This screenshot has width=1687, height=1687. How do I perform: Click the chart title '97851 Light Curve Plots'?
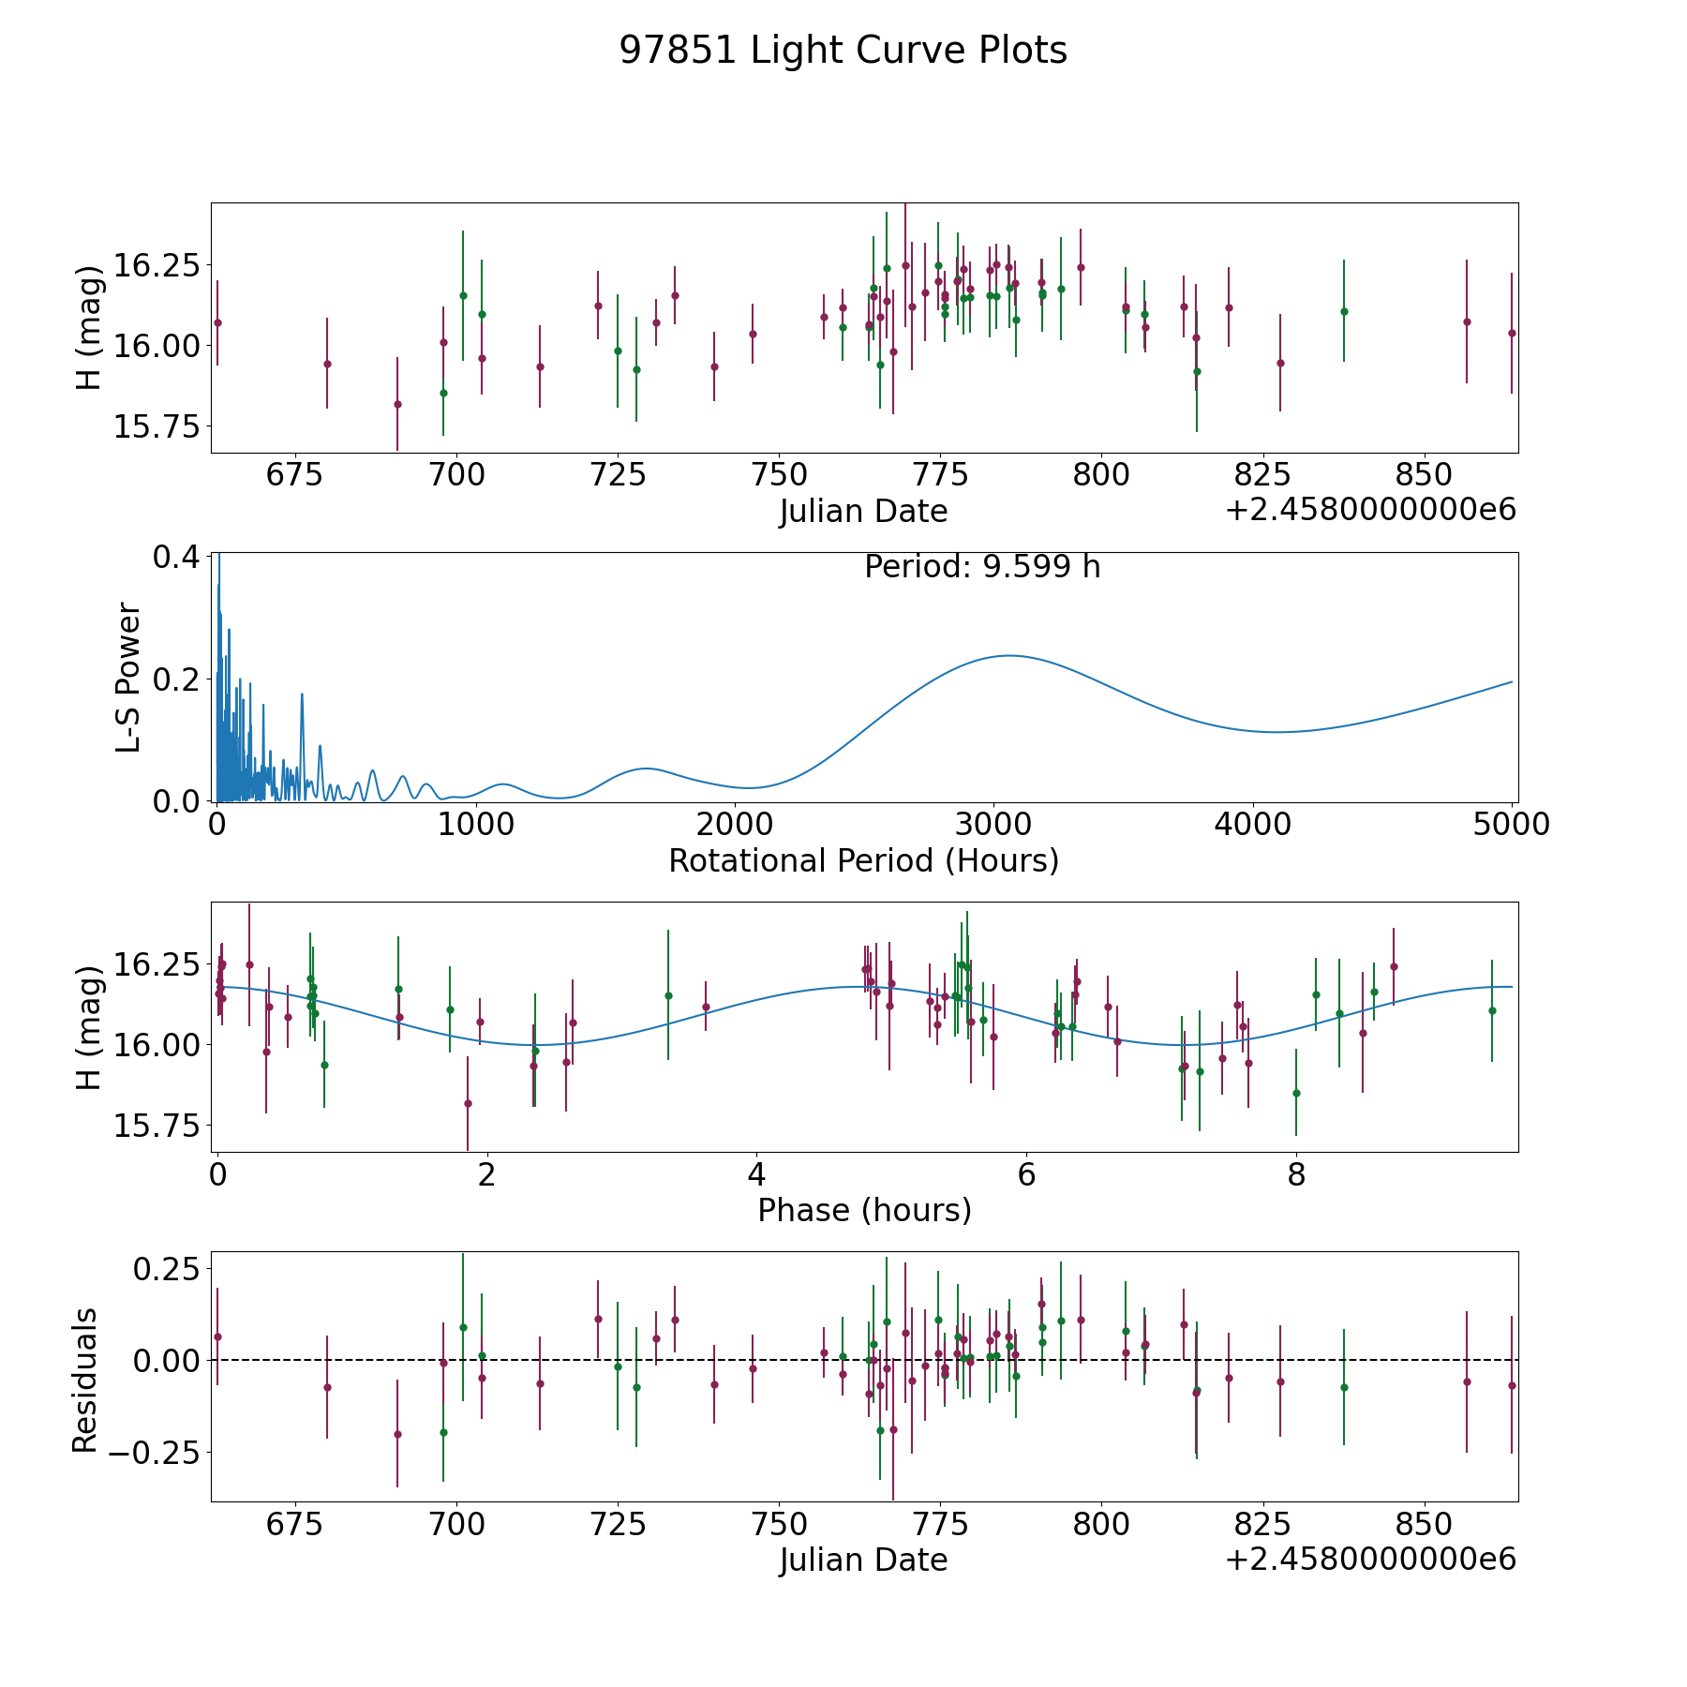click(x=843, y=51)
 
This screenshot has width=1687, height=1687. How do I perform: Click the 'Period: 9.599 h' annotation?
click(x=981, y=567)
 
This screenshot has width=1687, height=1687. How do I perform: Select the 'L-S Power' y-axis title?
click(x=128, y=677)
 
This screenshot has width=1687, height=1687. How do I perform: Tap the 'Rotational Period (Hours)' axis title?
click(x=863, y=860)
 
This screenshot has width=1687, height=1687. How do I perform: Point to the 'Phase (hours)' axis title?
click(x=863, y=1210)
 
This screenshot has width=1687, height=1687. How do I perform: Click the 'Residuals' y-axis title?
click(x=85, y=1380)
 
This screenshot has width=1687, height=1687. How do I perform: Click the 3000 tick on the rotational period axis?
click(x=993, y=824)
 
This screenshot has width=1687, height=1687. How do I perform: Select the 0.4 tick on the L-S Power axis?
click(x=176, y=557)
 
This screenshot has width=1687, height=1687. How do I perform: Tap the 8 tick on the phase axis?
click(x=1296, y=1174)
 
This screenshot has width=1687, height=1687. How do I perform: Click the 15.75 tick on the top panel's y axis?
click(x=157, y=426)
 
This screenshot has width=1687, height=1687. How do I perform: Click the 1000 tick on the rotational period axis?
click(x=475, y=824)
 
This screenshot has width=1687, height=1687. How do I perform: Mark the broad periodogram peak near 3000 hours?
click(x=1008, y=655)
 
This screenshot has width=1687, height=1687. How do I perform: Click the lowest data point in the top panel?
click(x=397, y=404)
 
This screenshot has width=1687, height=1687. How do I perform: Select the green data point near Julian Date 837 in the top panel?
click(x=1344, y=311)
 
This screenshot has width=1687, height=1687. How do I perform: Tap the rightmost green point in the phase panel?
click(x=1492, y=1010)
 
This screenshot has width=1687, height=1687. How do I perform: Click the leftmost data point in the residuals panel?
click(x=217, y=1336)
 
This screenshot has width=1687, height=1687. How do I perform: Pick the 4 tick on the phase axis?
click(x=756, y=1174)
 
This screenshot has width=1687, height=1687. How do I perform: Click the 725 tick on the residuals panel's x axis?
click(x=617, y=1524)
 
